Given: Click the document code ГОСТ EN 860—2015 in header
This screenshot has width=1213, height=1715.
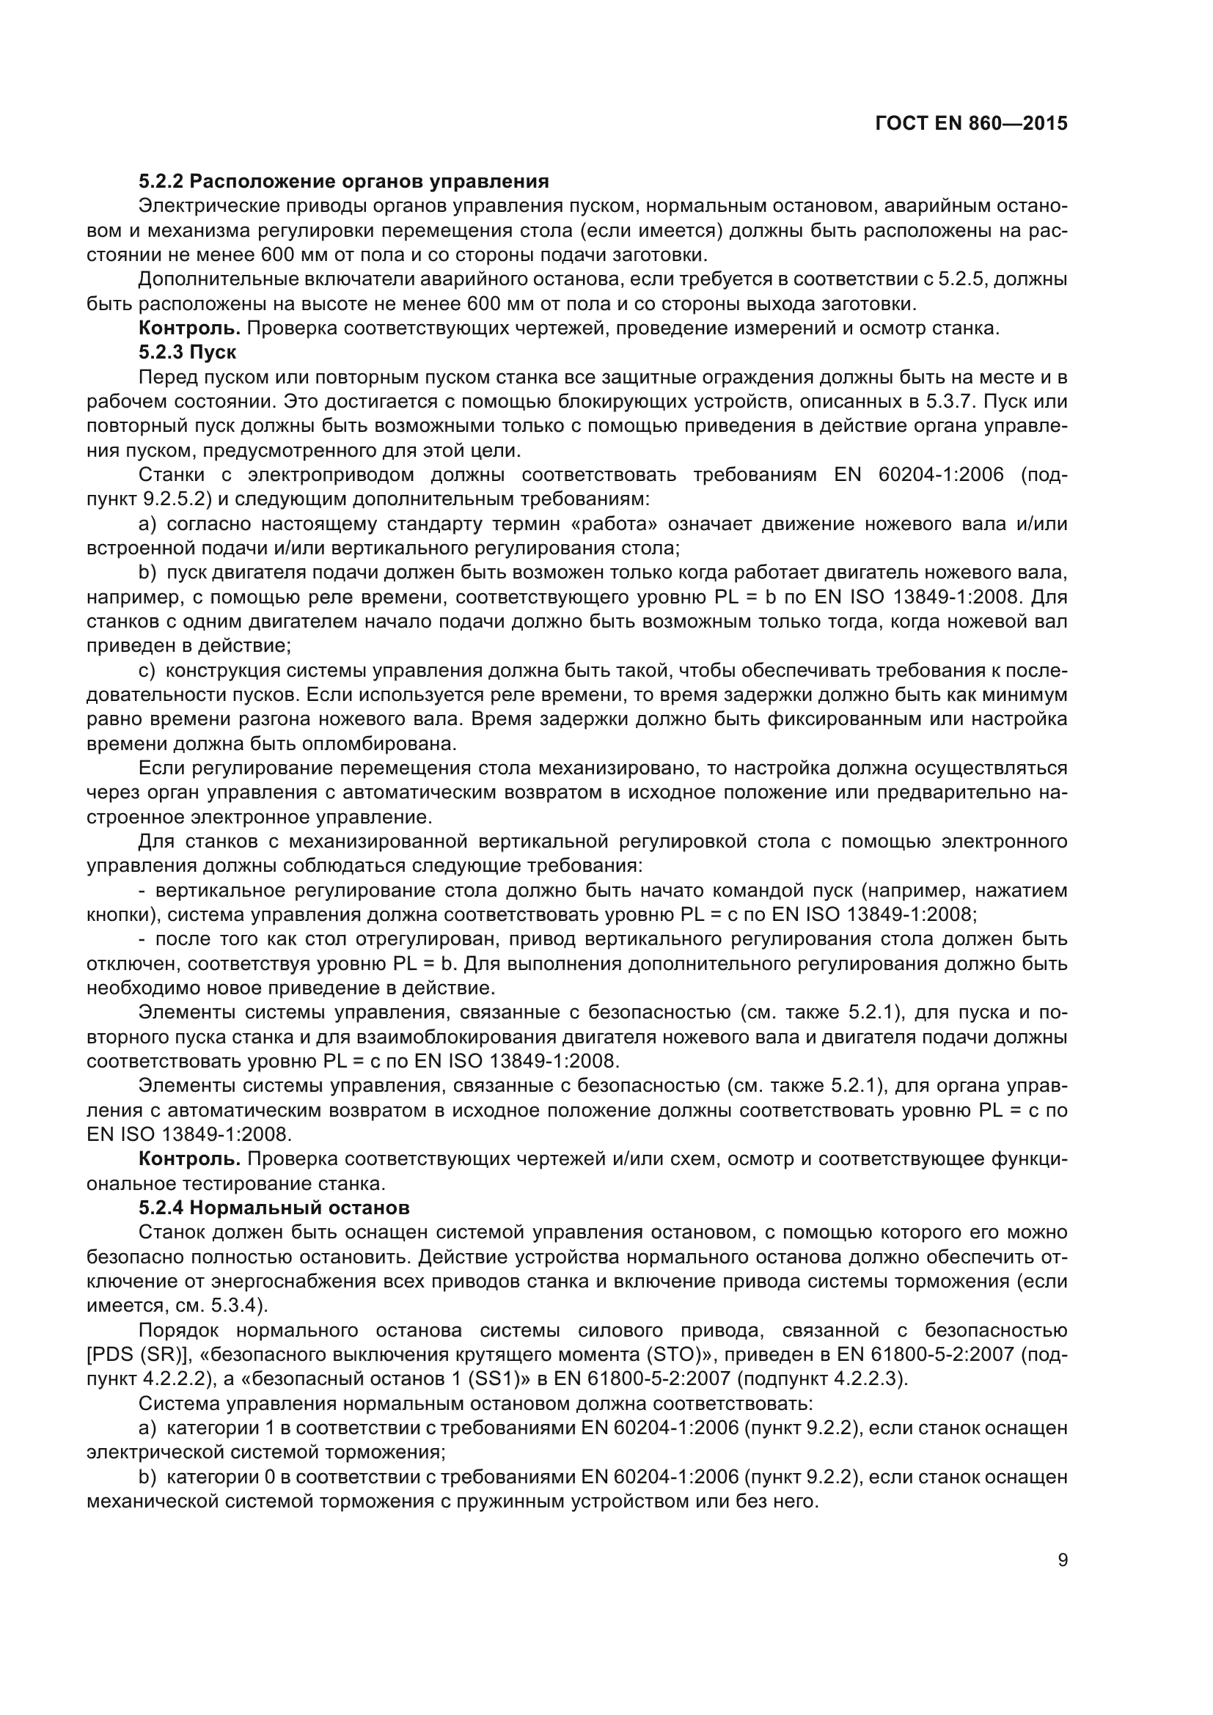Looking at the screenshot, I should [x=970, y=124].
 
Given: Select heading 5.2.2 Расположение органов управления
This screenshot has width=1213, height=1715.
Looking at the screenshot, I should [x=343, y=182].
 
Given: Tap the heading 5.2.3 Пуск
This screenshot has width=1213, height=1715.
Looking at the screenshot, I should [x=188, y=353].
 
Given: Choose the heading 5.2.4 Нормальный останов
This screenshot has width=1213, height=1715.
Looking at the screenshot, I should [x=274, y=1208].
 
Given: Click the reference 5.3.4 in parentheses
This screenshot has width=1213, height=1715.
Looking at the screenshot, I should [x=234, y=1306].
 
